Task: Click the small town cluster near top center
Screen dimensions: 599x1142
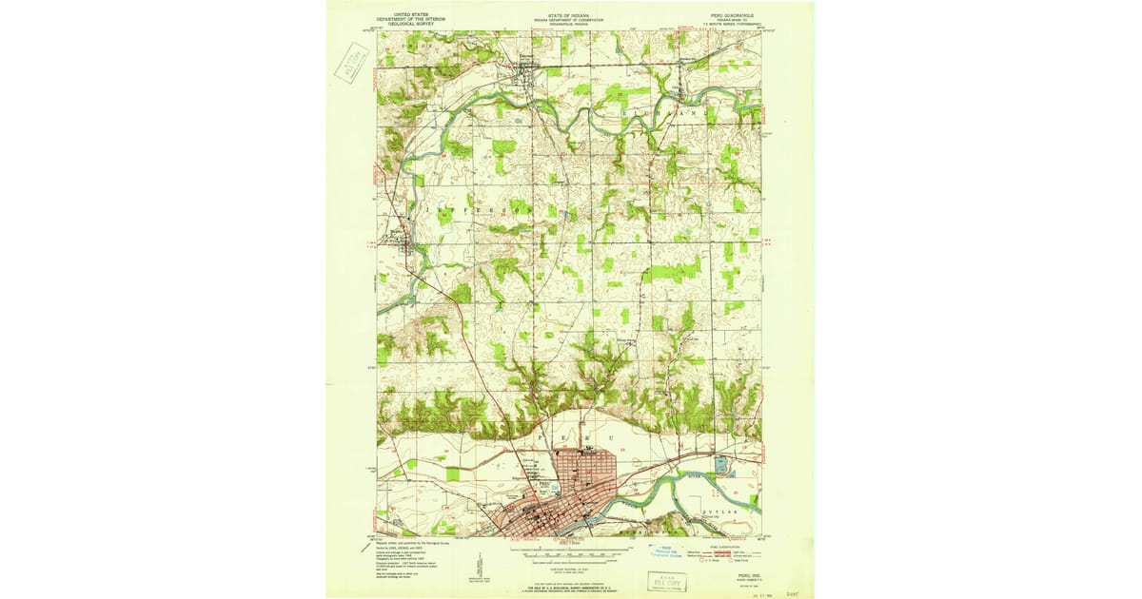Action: [529, 66]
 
